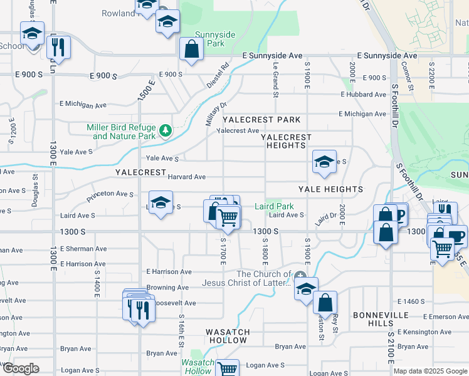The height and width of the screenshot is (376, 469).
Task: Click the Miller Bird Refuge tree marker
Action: (166, 130)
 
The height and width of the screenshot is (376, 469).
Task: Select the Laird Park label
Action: (274, 206)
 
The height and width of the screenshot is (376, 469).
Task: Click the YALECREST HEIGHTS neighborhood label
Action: (286, 141)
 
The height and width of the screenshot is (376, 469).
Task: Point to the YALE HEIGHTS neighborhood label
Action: (330, 189)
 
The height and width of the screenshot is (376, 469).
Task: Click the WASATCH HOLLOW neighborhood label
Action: (228, 336)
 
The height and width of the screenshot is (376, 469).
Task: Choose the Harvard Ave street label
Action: (186, 177)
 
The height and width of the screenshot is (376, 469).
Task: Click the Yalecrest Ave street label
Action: (238, 131)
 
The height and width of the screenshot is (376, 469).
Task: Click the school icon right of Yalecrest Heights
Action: (324, 162)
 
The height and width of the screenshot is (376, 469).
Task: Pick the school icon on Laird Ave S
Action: (161, 203)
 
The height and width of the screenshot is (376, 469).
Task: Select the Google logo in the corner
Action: (21, 369)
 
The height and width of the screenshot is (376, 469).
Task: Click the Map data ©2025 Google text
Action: (429, 371)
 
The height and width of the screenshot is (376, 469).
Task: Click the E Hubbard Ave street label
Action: (364, 95)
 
